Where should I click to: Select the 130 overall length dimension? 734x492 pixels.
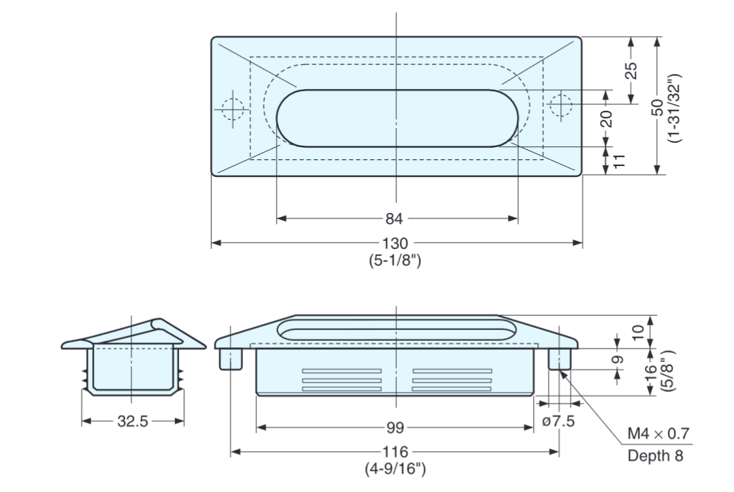click(396, 244)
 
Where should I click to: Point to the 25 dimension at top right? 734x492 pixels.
click(631, 71)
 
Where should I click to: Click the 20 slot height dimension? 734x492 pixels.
click(606, 118)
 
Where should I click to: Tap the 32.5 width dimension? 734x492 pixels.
click(132, 421)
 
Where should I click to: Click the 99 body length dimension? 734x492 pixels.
click(395, 427)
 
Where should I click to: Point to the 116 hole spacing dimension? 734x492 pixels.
click(395, 452)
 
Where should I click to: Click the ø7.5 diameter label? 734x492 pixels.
click(558, 421)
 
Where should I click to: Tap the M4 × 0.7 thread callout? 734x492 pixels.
click(658, 434)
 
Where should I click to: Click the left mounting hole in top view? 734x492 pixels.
click(232, 108)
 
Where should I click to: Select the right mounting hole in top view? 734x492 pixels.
click(560, 105)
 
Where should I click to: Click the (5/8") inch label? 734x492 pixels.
click(670, 371)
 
